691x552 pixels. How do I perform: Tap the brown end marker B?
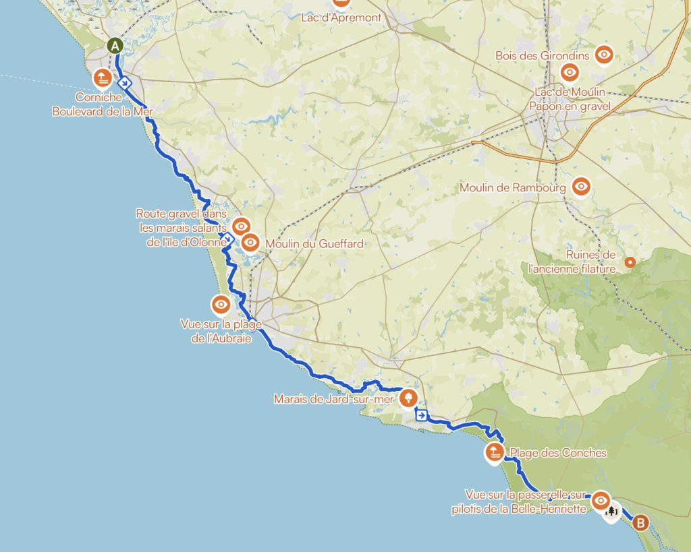click(x=640, y=522)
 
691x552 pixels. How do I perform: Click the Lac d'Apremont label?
click(x=341, y=18)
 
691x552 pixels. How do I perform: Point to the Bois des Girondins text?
click(x=543, y=56)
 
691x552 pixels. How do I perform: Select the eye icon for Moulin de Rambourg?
click(x=580, y=186)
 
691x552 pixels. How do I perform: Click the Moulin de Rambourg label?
click(x=512, y=187)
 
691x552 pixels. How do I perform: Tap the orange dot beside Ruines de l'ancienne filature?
click(x=630, y=262)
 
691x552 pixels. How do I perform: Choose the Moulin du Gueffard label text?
click(x=314, y=243)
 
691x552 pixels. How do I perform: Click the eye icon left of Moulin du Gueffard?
click(x=250, y=242)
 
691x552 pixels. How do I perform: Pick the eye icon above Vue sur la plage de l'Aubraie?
click(x=221, y=305)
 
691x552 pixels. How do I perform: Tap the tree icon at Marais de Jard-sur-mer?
click(x=408, y=398)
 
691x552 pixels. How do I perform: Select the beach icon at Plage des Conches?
click(x=495, y=452)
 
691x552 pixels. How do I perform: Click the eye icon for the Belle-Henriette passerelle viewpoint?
click(x=601, y=501)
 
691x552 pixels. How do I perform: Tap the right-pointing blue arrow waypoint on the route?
click(x=421, y=416)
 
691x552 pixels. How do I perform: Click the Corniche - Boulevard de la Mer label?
click(x=103, y=104)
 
